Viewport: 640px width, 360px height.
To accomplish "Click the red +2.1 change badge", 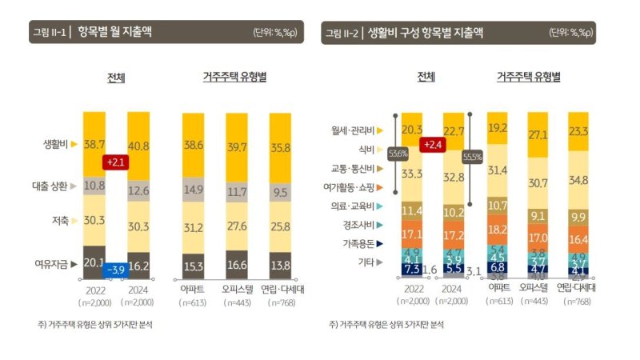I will [116, 162].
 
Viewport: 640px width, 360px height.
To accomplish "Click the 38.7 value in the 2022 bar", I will [94, 144].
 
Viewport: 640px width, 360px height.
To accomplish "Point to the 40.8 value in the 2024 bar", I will [138, 146].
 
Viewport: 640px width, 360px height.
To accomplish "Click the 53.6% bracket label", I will [400, 154].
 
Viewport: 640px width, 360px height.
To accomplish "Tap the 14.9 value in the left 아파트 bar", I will [193, 190].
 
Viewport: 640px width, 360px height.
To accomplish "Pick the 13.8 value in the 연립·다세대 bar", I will [280, 264].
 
